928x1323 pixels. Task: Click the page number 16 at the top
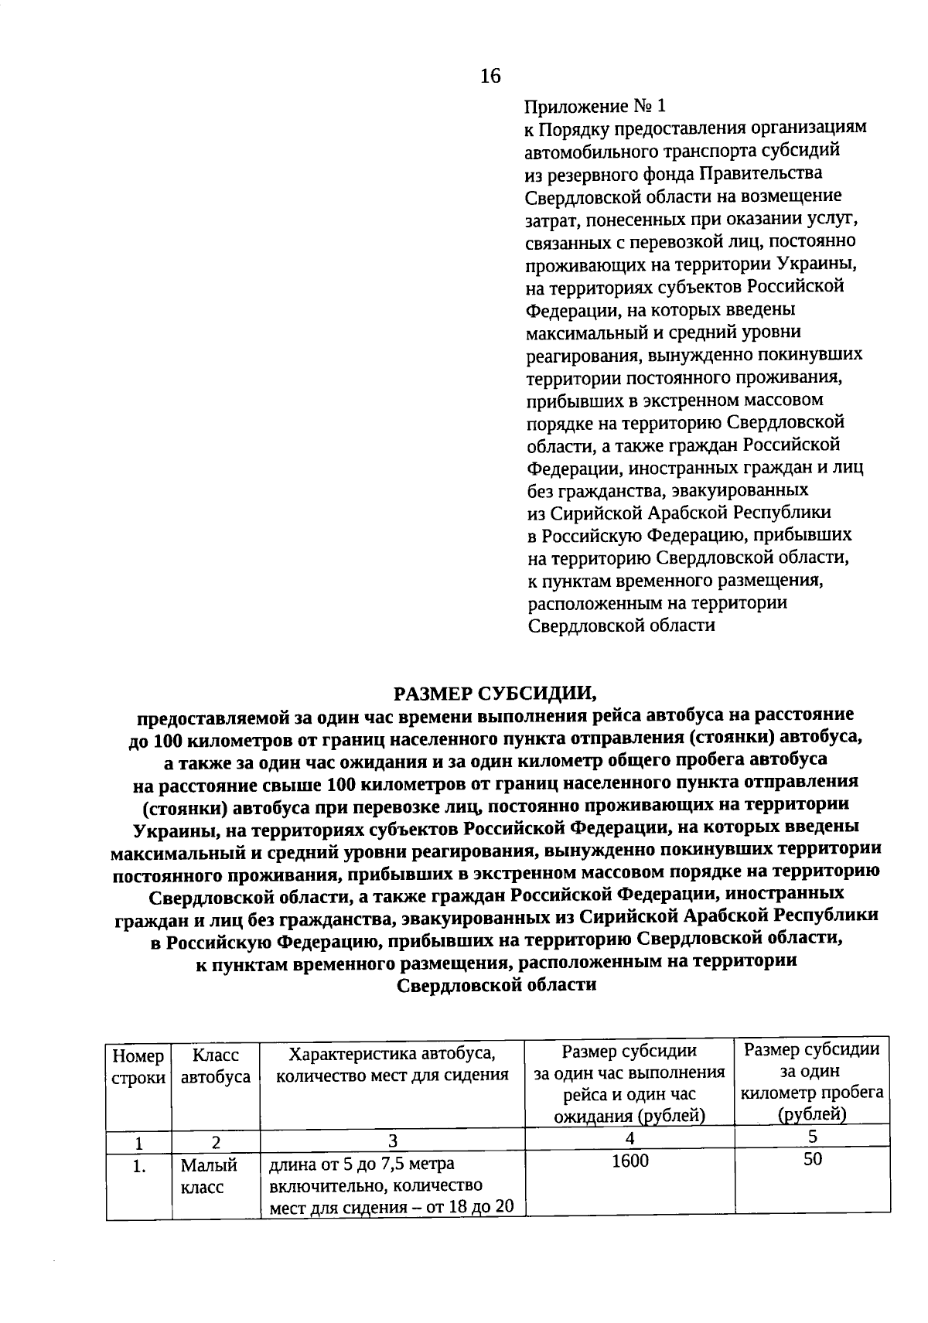point(490,76)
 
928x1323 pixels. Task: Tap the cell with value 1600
point(629,1161)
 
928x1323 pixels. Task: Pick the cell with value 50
point(812,1159)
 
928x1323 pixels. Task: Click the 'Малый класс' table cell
point(209,1175)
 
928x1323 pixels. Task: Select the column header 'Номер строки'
point(138,1066)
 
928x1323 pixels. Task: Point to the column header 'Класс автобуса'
point(216,1066)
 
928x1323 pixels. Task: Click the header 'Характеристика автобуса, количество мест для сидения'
point(392,1064)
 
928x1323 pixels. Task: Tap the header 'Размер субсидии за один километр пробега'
point(812,1082)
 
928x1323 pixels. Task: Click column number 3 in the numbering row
point(392,1141)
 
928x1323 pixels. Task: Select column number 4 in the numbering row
point(629,1137)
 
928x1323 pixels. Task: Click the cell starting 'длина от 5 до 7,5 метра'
point(392,1185)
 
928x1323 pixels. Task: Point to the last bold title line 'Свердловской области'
point(496,985)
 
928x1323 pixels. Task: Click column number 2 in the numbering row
point(216,1141)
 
